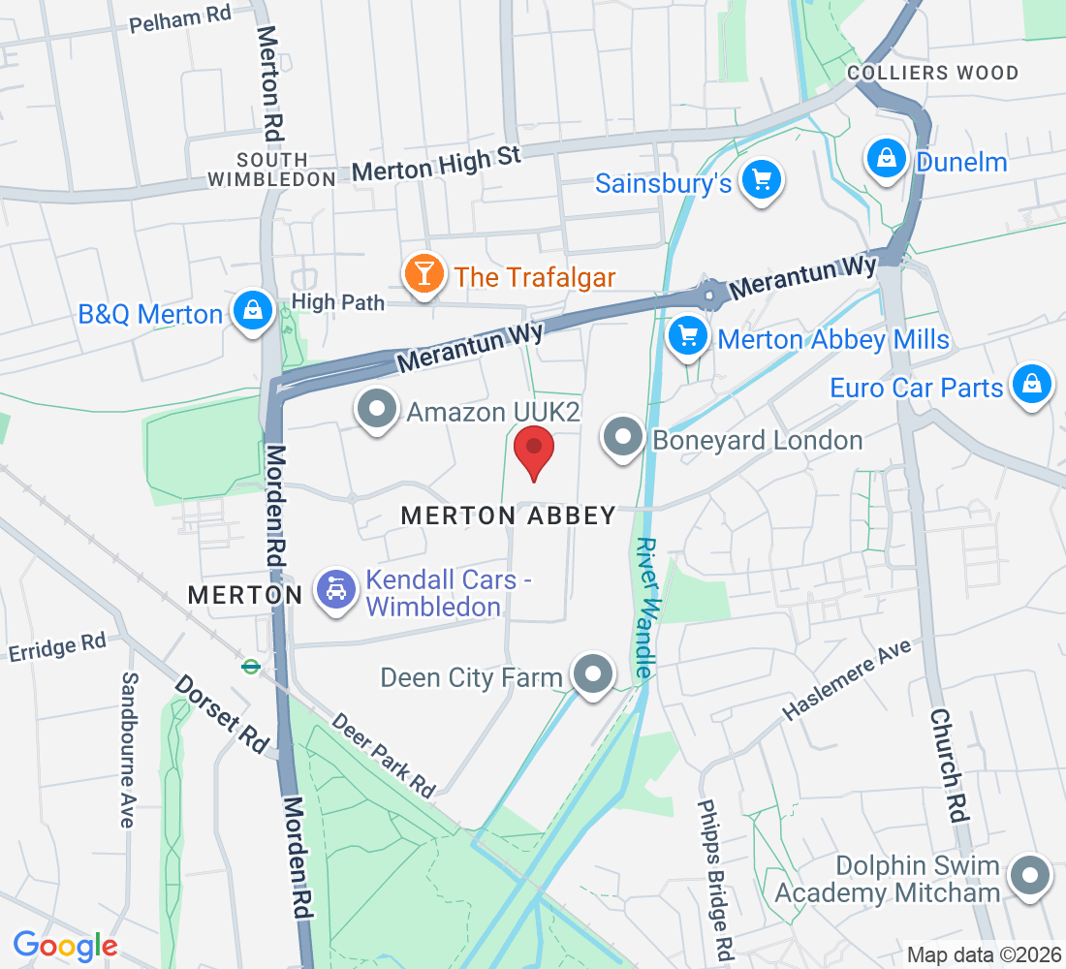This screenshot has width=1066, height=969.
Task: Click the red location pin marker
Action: [533, 452]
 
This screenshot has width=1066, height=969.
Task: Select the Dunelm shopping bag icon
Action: [886, 158]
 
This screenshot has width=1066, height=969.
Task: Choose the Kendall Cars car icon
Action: [335, 590]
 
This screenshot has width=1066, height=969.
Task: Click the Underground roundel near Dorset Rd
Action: [251, 666]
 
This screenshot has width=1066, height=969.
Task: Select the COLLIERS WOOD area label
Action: [932, 74]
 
